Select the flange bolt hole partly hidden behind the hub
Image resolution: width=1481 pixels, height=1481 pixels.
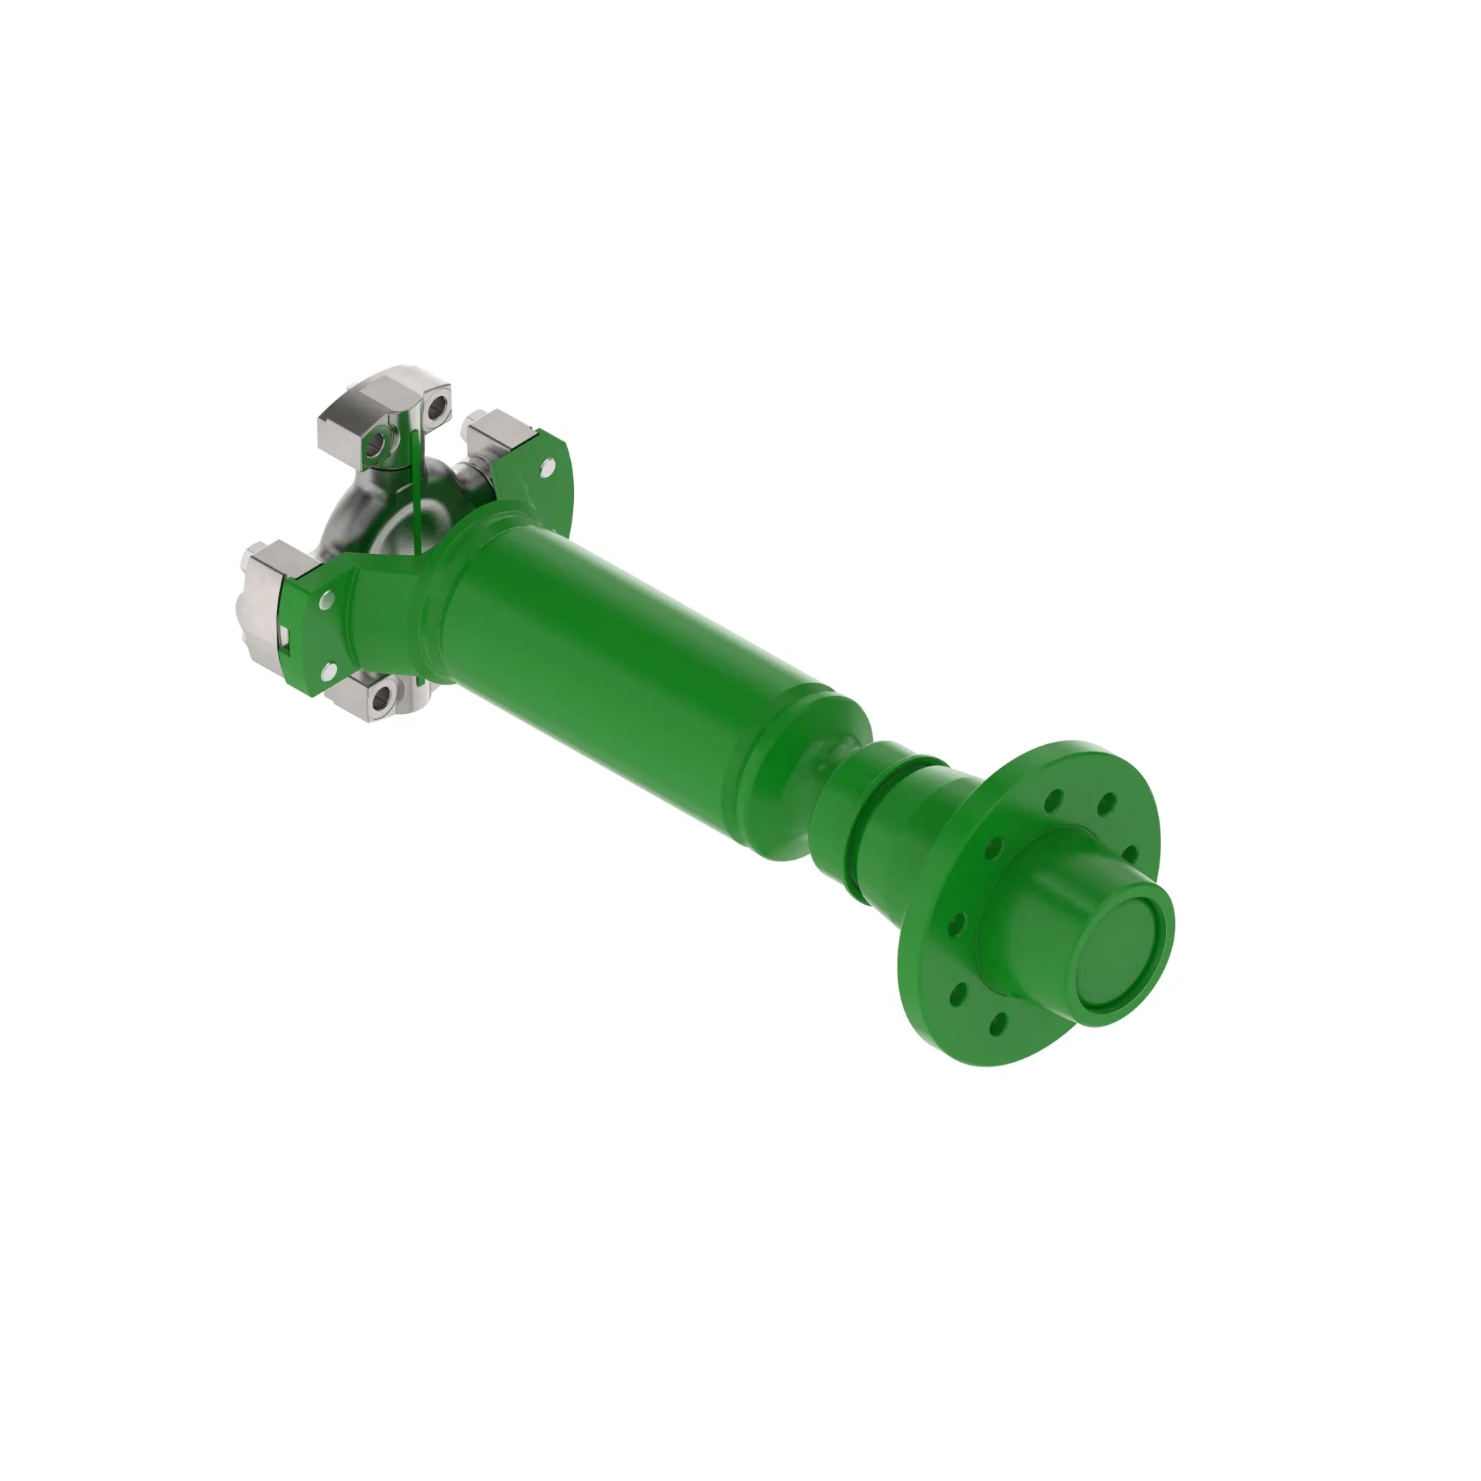point(1129,853)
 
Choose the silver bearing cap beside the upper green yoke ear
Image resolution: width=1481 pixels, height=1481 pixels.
point(495,433)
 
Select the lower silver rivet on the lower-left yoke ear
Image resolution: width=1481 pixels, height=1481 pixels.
point(327,672)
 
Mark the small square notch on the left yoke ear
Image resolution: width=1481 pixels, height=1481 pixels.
point(284,633)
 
